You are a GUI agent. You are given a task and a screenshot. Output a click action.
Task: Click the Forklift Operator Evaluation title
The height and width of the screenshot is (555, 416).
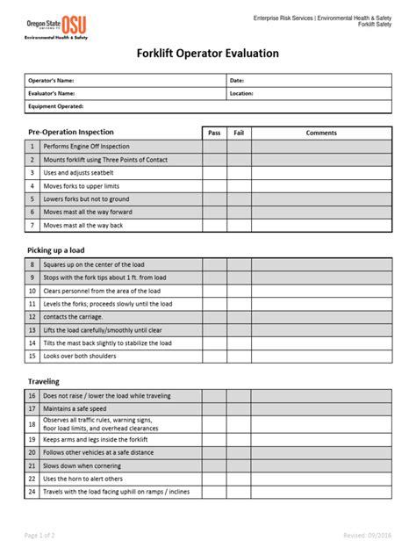[208, 54]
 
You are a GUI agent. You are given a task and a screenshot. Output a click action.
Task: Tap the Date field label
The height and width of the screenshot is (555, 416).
[237, 80]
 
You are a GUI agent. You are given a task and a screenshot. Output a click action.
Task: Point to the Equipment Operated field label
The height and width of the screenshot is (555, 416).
[56, 106]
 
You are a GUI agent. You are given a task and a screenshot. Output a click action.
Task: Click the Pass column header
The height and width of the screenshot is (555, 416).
[214, 133]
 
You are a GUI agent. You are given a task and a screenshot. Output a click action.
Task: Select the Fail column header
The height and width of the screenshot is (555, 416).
[239, 133]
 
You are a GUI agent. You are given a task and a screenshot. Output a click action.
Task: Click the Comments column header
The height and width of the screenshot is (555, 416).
[321, 133]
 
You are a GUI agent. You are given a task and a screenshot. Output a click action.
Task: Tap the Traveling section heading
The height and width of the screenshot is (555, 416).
[44, 382]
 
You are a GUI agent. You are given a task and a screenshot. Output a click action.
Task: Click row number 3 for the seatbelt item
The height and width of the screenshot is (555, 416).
[32, 173]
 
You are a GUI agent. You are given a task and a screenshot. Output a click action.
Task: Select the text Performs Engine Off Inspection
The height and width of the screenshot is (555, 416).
[86, 147]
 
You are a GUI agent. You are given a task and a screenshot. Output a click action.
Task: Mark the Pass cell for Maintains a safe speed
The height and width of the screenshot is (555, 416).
[214, 408]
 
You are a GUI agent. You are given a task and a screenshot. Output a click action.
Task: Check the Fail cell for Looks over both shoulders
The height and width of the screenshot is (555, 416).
[239, 357]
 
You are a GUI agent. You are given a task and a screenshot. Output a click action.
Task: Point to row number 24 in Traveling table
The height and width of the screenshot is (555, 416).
[32, 492]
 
